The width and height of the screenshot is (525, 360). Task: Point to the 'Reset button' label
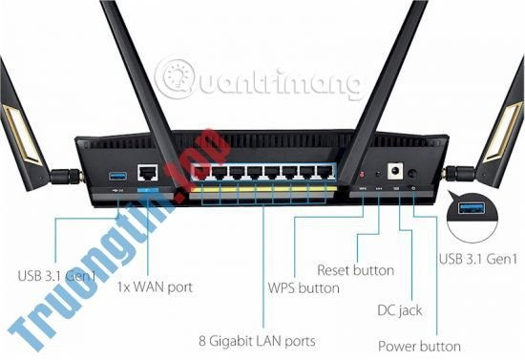(355, 270)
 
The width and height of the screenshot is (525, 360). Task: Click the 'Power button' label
(419, 346)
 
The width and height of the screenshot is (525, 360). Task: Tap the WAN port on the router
(148, 174)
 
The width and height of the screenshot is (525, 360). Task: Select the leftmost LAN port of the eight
(200, 174)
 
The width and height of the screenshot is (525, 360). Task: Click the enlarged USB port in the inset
(474, 209)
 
